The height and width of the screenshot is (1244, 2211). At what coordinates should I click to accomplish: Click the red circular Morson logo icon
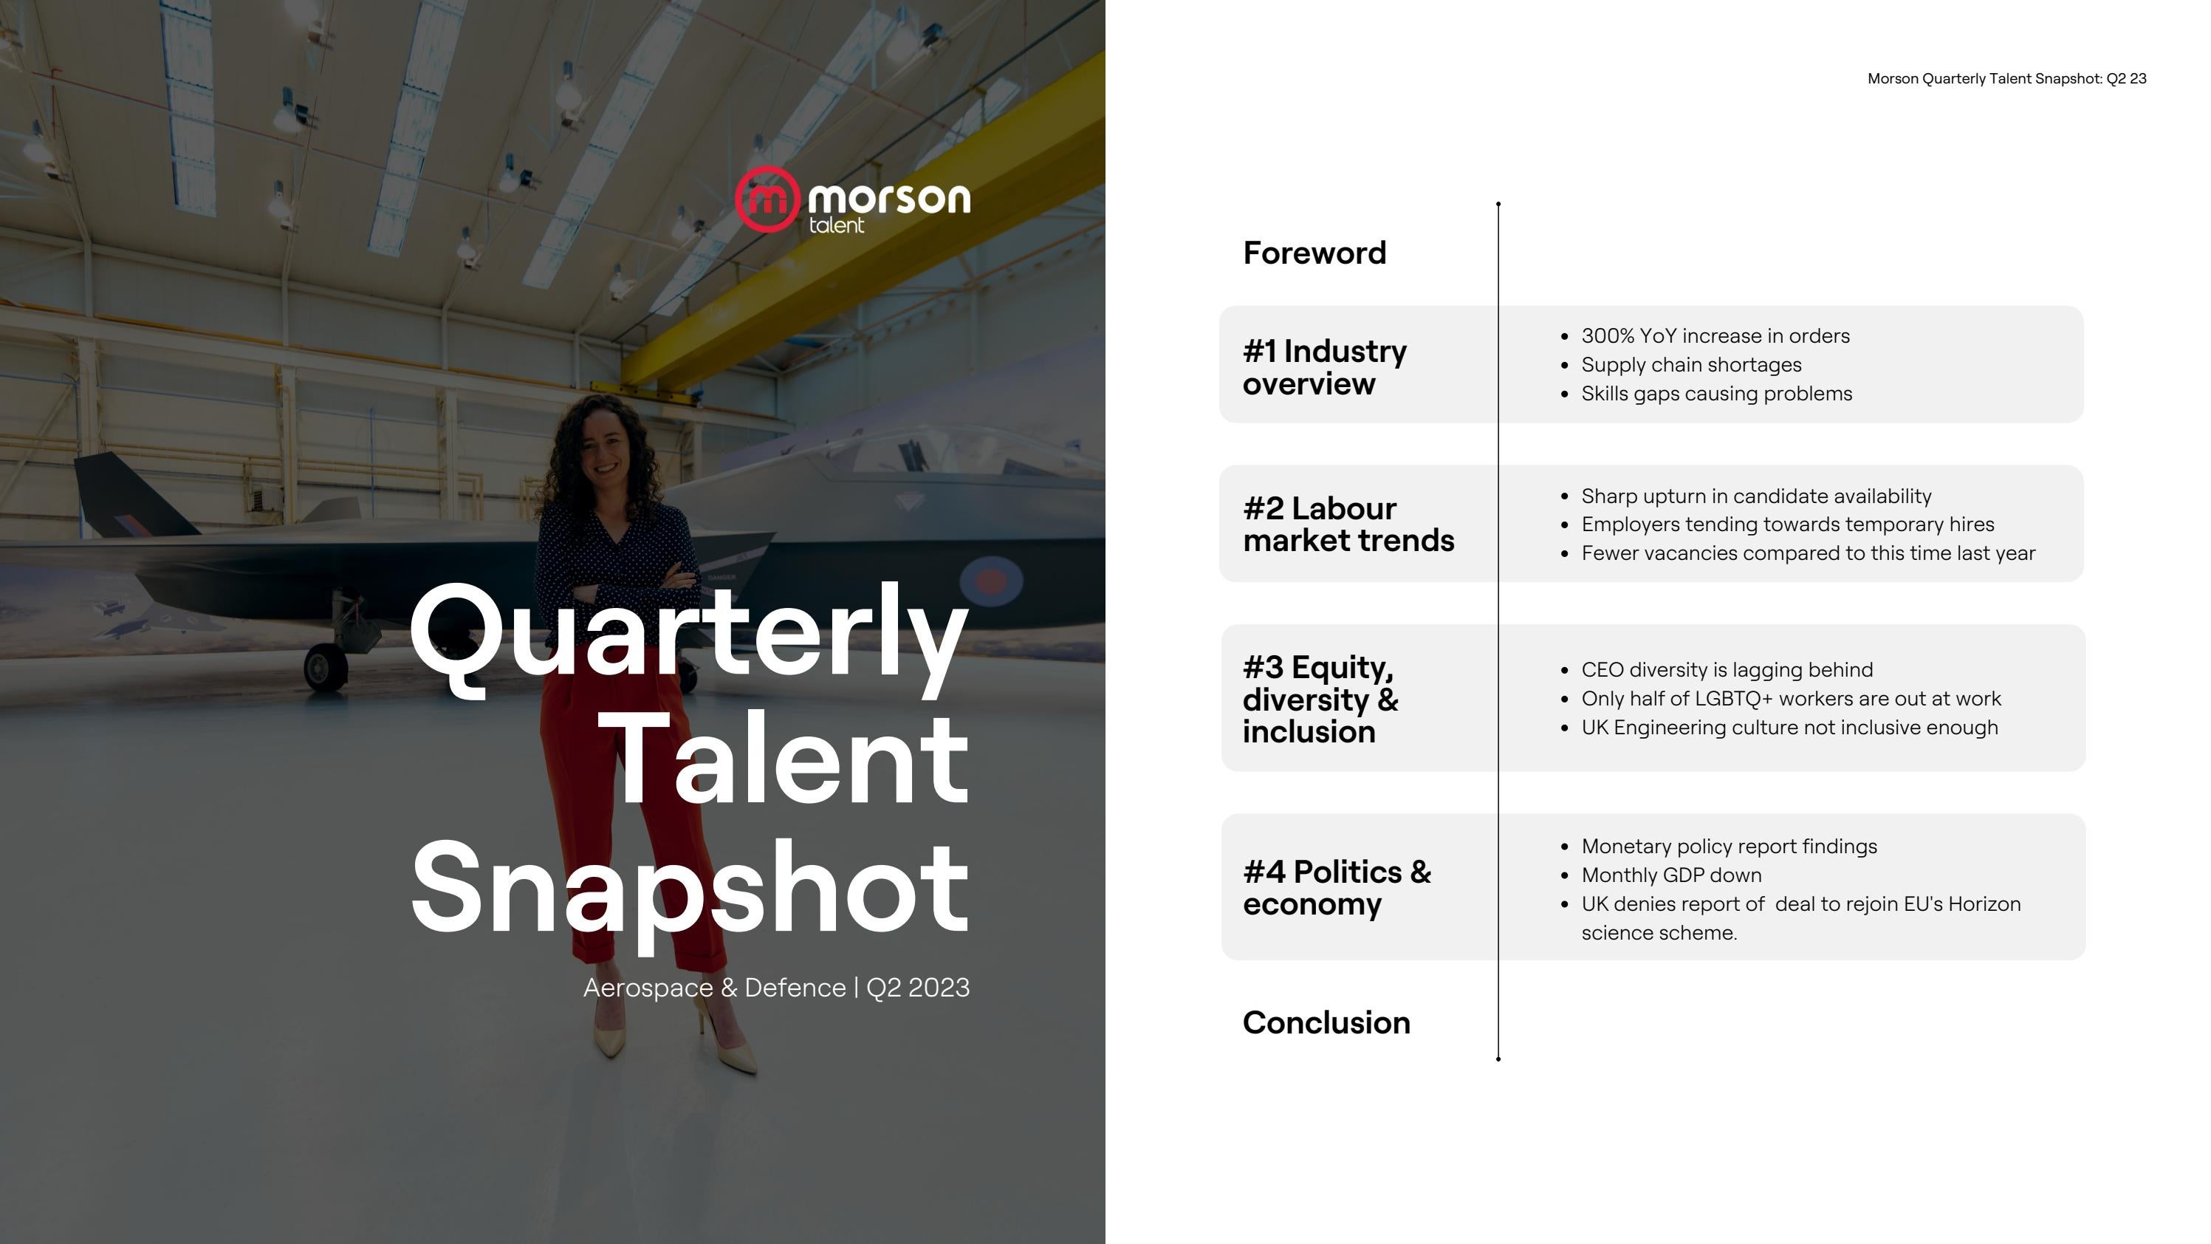(767, 199)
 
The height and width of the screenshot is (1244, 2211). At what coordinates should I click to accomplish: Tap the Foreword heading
(1314, 253)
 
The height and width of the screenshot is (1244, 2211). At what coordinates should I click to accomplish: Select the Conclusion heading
(1326, 1022)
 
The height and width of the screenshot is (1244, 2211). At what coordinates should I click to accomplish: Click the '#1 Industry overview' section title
(1324, 367)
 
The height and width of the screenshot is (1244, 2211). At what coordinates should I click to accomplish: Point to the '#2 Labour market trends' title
(1348, 524)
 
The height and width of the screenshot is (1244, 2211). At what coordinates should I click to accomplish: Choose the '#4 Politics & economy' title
(1337, 888)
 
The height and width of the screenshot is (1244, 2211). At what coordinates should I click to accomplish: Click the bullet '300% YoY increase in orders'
(1715, 335)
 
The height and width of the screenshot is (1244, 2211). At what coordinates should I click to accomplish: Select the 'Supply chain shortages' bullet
(1691, 365)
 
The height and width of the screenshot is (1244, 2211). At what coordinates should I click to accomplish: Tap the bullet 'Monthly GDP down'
(1671, 875)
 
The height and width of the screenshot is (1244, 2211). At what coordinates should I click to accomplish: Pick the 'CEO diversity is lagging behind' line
(1727, 670)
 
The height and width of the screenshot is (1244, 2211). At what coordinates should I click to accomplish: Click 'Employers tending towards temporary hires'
(1787, 524)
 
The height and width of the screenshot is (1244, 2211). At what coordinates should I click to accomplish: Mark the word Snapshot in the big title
(690, 889)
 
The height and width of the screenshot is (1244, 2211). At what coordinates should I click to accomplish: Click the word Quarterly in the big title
(688, 635)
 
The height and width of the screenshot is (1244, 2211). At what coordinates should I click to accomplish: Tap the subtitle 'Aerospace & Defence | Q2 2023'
(776, 988)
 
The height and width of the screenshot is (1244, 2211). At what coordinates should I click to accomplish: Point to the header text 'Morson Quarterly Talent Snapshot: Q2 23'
(2006, 79)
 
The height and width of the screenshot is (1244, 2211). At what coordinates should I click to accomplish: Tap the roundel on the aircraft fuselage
(990, 581)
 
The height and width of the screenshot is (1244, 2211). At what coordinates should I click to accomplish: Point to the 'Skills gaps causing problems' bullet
(1717, 394)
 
